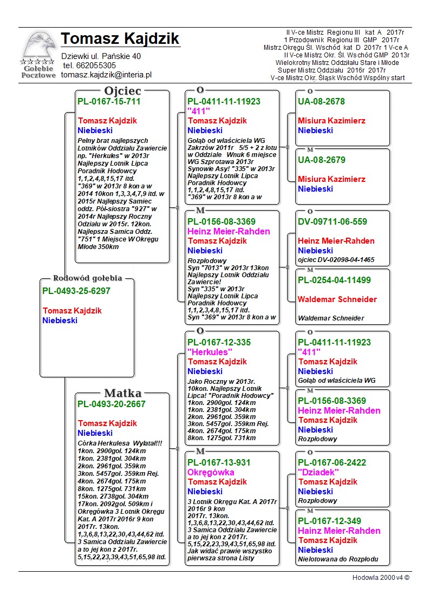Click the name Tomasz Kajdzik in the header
click(120, 39)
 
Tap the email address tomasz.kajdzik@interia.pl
click(106, 75)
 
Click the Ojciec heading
click(122, 90)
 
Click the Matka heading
click(122, 393)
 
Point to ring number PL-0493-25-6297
click(76, 291)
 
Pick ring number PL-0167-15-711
click(109, 101)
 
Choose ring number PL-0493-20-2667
click(111, 404)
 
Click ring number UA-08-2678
click(321, 101)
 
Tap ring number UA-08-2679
click(321, 160)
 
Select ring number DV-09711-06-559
click(332, 221)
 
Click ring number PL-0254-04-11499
click(334, 280)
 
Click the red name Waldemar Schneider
click(337, 299)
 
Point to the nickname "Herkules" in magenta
click(210, 352)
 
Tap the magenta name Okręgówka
click(211, 472)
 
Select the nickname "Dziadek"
click(320, 472)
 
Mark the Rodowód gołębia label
click(87, 278)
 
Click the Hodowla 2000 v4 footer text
click(381, 578)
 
